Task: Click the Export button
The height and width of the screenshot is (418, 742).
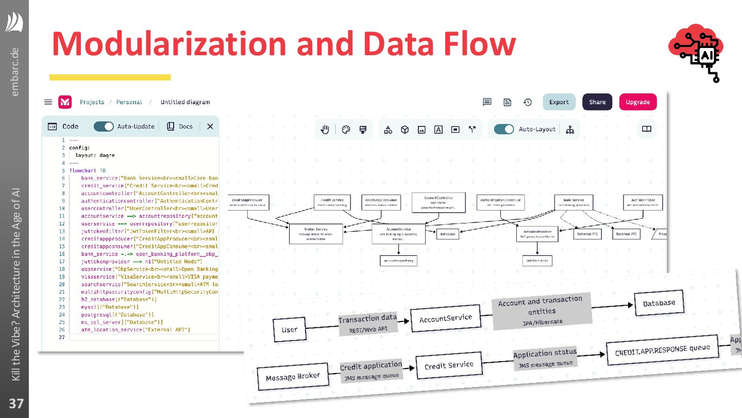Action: point(559,102)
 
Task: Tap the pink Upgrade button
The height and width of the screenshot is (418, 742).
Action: point(637,102)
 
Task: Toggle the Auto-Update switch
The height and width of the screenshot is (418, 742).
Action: point(104,126)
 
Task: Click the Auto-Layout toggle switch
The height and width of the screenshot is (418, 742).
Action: point(503,130)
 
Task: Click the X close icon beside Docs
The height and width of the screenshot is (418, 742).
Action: point(210,126)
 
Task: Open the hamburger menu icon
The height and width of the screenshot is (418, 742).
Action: point(48,102)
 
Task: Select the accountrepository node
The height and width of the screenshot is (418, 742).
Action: point(398,261)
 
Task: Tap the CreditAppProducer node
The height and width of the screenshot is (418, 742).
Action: point(248,202)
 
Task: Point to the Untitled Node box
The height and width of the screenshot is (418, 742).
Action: point(537,261)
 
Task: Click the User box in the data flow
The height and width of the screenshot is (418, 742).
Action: point(290,330)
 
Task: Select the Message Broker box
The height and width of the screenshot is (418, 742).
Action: point(293,378)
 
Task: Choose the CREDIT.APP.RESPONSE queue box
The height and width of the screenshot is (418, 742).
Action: point(662,350)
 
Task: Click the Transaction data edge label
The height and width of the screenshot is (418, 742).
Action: point(367,324)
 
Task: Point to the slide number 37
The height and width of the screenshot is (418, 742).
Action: point(15,403)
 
